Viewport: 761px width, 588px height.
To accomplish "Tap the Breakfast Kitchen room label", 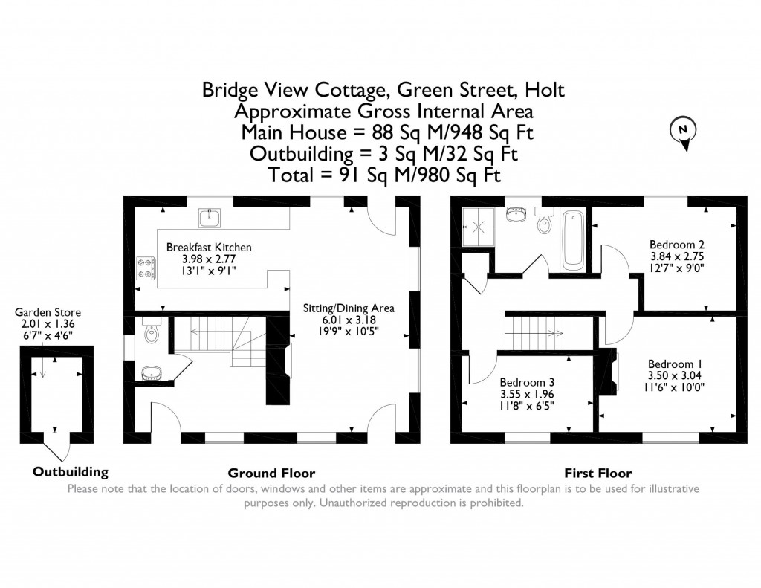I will [209, 247].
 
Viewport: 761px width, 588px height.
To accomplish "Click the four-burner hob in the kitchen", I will [146, 268].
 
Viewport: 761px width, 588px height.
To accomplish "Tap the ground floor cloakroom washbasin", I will [152, 371].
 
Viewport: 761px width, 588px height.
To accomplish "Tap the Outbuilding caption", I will [71, 471].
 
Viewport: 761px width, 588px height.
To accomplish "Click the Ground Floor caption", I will [271, 473].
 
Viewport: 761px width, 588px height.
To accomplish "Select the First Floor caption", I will [598, 473].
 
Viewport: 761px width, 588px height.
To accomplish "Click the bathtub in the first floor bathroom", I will [572, 240].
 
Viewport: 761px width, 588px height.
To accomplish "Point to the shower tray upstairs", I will [478, 221].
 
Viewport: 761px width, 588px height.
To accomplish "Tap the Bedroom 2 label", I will [676, 244].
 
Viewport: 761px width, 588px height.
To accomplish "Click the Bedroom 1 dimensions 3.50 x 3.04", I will [676, 375].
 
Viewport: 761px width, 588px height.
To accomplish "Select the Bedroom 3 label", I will [526, 382].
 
